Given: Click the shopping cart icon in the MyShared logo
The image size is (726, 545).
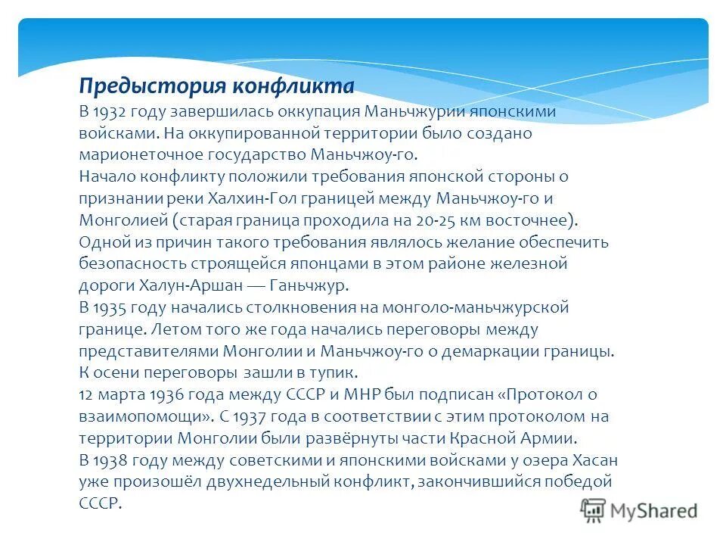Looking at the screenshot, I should (594, 509).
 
